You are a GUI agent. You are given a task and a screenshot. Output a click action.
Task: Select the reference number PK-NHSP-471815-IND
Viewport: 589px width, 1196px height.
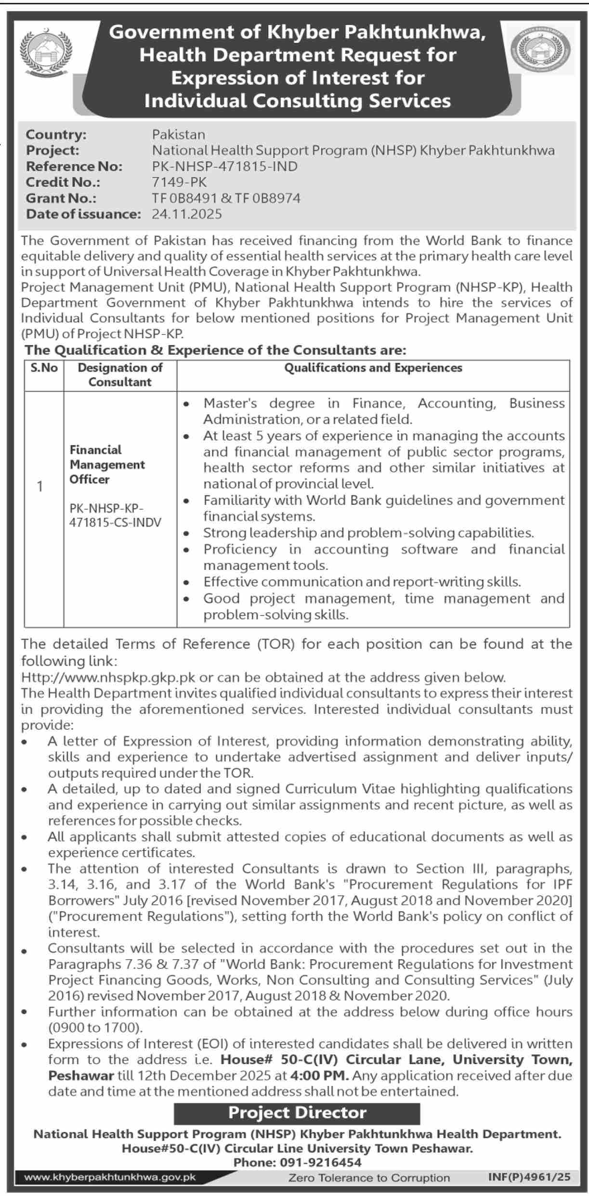tap(225, 167)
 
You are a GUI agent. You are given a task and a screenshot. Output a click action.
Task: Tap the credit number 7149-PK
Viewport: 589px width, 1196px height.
tap(179, 182)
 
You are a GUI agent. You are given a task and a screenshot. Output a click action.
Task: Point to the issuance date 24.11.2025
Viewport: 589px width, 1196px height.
tap(187, 214)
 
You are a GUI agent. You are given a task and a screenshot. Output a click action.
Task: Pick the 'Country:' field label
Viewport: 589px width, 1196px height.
tap(56, 134)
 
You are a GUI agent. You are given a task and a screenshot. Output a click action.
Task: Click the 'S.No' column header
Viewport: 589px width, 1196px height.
tap(44, 368)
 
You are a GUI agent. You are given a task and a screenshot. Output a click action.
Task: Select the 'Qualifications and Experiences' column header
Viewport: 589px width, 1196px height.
tap(373, 368)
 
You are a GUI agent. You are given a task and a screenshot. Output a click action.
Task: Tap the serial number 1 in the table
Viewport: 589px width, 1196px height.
tap(40, 487)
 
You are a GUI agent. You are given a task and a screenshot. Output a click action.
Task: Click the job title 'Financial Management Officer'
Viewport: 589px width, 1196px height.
tap(107, 464)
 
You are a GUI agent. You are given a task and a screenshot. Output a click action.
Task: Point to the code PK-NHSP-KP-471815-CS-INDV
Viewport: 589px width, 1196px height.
tap(115, 515)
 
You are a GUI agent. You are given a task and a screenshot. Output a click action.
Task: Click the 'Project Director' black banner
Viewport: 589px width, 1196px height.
tap(297, 1113)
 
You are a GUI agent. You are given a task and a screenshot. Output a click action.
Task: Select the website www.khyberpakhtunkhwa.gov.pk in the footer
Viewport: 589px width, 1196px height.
tap(110, 1178)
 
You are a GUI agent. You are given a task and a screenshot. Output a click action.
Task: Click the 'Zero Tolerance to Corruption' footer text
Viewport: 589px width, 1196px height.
tap(369, 1178)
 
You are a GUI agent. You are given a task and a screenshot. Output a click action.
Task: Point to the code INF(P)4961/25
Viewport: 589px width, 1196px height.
tap(529, 1177)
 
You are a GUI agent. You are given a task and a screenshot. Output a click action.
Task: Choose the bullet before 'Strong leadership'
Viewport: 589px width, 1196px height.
tap(186, 533)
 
